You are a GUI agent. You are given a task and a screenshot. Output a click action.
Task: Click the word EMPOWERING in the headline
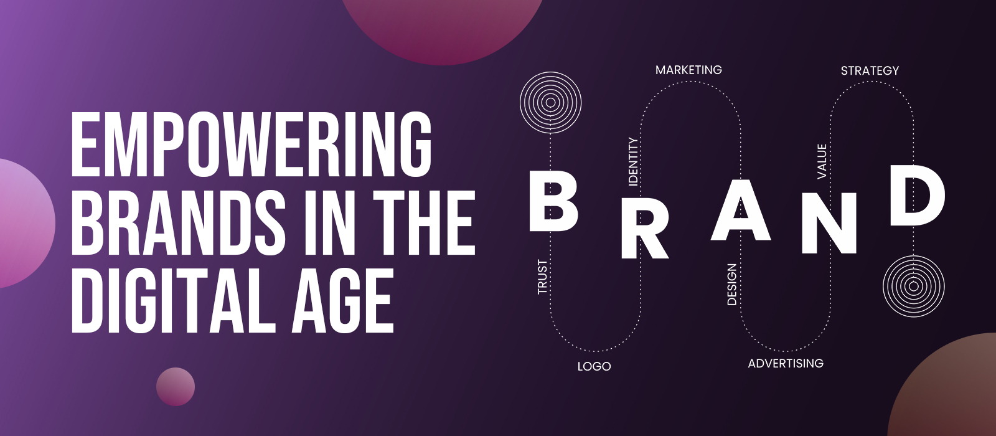[x=251, y=144]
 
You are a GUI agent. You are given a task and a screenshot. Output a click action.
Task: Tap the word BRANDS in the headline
[x=178, y=222]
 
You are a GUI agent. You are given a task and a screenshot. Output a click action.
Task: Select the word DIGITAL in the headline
[x=171, y=300]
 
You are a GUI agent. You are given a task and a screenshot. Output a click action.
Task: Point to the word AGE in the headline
[x=343, y=300]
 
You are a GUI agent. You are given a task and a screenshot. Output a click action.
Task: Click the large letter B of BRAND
[x=553, y=201]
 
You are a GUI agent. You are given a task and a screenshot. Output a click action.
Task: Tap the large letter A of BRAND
[x=740, y=209]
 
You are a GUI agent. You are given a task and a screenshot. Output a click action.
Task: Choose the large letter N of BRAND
[x=829, y=223]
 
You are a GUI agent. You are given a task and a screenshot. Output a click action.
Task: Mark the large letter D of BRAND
[x=918, y=195]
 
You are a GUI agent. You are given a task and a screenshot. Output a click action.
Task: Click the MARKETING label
[x=688, y=70]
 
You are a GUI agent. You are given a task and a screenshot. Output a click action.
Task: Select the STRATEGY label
[x=870, y=71]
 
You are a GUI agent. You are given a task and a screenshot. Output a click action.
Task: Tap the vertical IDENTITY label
[x=633, y=161]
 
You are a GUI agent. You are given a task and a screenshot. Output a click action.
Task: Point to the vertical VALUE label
[x=822, y=161]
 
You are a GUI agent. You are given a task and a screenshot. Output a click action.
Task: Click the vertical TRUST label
[x=542, y=277]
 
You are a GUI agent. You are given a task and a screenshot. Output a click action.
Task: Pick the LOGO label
[x=594, y=367]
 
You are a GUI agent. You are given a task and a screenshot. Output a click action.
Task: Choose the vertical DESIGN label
[x=731, y=284]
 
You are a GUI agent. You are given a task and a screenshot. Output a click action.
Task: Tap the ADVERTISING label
[x=786, y=364]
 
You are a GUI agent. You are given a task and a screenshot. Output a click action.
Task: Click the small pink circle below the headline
[x=175, y=387]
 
